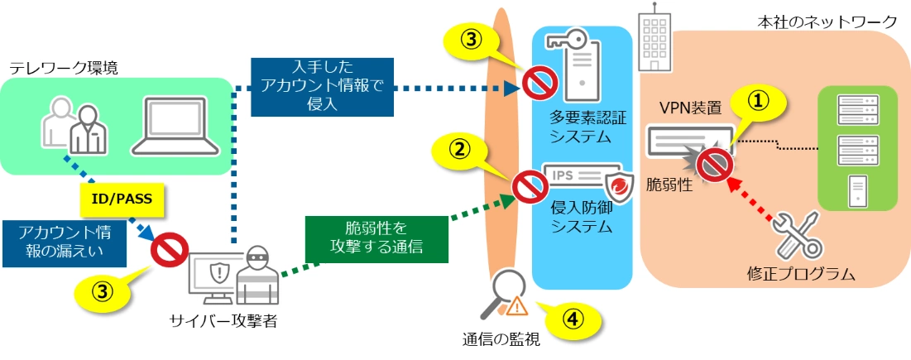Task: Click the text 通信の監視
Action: click(501, 339)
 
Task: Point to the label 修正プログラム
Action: click(798, 274)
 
